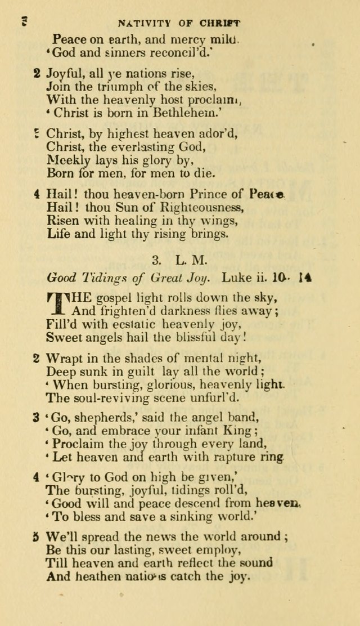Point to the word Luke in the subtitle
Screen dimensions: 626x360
click(234, 276)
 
